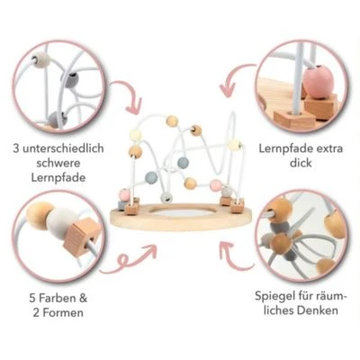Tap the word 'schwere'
[58, 163]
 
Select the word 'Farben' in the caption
[55, 299]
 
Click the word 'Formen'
[63, 313]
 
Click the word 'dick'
[301, 163]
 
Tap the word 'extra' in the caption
[328, 148]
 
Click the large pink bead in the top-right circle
[314, 82]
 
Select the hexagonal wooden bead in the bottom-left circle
[81, 237]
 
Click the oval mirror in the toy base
[181, 213]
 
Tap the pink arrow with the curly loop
[129, 258]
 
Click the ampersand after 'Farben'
[82, 299]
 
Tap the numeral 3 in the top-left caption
[16, 148]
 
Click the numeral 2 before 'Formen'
[36, 313]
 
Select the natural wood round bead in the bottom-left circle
[39, 214]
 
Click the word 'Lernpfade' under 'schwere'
[58, 177]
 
